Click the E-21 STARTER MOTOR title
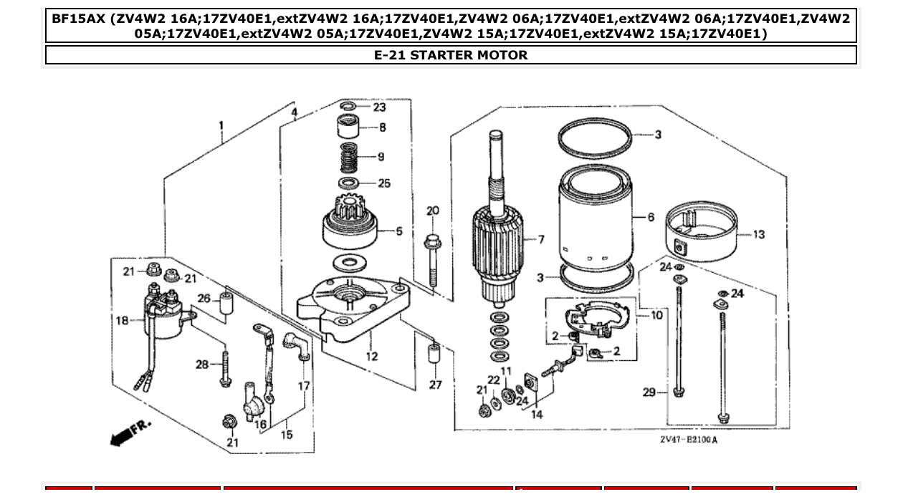pos(451,55)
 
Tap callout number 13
pos(759,234)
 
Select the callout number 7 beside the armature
pos(541,239)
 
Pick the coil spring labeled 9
pos(348,158)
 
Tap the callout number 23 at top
pos(379,107)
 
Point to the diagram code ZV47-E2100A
pos(688,439)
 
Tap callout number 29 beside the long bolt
pos(649,392)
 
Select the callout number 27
pos(435,385)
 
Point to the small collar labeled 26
pos(226,303)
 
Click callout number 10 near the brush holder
pos(656,314)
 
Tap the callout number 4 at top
pos(294,112)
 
